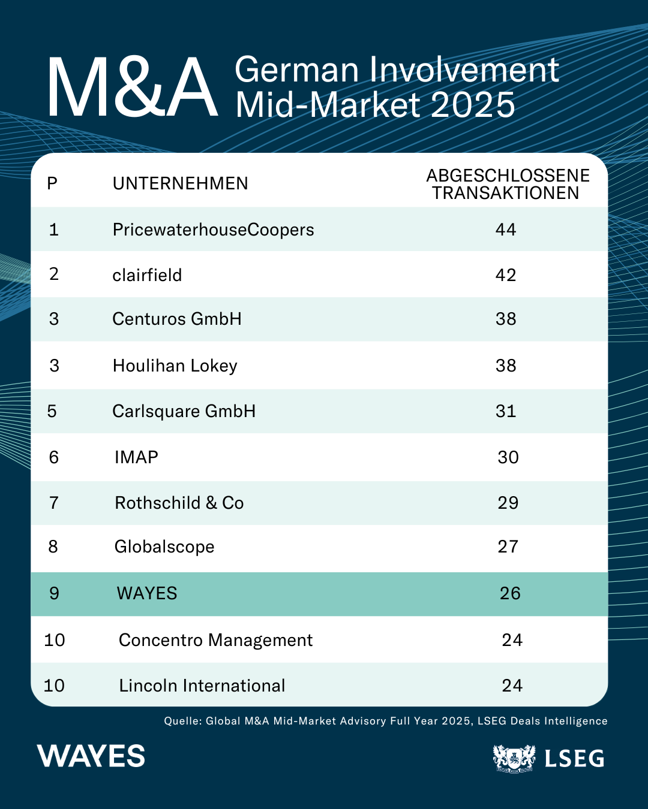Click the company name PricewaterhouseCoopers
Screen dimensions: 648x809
213,230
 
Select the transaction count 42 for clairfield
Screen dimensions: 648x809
506,275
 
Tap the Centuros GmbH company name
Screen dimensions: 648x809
176,319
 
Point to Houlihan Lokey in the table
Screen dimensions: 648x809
175,366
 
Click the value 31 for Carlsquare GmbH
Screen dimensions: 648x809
506,411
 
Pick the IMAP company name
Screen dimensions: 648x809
136,457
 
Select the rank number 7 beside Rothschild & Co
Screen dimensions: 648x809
54,503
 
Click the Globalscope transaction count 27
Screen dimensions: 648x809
508,547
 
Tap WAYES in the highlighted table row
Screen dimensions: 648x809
147,593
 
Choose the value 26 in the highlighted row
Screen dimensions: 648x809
510,593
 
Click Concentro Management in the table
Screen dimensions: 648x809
216,640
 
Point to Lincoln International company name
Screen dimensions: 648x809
202,686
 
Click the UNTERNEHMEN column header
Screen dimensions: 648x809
181,183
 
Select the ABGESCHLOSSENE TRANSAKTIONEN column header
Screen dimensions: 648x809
508,184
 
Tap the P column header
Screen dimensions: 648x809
52,183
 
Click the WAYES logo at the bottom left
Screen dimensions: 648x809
91,756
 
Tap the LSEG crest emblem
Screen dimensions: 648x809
514,758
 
